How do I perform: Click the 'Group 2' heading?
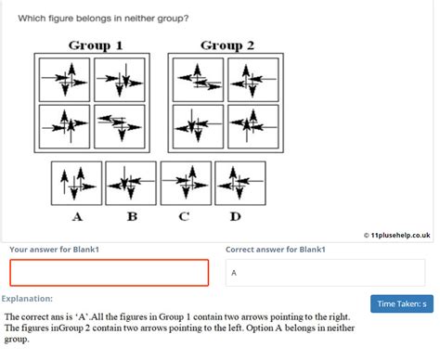pyautogui.click(x=221, y=45)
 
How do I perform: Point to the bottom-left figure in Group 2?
pyautogui.click(x=196, y=125)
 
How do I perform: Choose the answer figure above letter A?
pyautogui.click(x=77, y=181)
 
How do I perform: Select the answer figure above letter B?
pyautogui.click(x=131, y=181)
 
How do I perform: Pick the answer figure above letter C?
pyautogui.click(x=186, y=181)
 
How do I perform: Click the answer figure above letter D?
pyautogui.click(x=239, y=181)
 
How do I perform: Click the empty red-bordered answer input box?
pyautogui.click(x=110, y=273)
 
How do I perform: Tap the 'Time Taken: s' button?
pyautogui.click(x=401, y=303)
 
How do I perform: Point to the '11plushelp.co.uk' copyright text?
pyautogui.click(x=398, y=237)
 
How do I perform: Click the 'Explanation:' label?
pyautogui.click(x=27, y=299)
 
